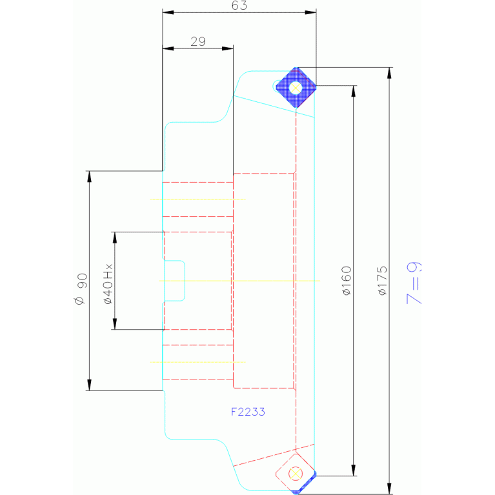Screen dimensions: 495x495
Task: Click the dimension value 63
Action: point(239,5)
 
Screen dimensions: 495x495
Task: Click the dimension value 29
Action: point(198,41)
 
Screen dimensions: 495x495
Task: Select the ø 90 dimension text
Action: point(81,289)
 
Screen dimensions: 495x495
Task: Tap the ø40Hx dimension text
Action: point(108,283)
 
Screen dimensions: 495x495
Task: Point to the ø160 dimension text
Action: point(347,281)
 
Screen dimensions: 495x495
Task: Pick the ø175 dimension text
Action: point(382,281)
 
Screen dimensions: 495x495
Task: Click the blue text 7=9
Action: point(414,283)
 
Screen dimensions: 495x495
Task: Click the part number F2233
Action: point(248,412)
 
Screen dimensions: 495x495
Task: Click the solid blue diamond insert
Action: point(296,87)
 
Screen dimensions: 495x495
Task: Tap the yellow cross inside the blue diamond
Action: point(296,88)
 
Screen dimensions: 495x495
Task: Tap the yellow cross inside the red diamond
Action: point(296,474)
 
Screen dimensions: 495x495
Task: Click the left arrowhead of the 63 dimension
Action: point(168,12)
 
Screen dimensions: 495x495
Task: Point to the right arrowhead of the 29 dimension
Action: point(228,48)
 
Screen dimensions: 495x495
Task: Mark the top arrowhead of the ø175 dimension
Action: point(389,73)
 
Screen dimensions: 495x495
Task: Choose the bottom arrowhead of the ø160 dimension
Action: point(354,470)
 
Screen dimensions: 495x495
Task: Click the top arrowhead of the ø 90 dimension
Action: point(89,177)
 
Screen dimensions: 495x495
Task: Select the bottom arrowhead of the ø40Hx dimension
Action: point(115,324)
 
